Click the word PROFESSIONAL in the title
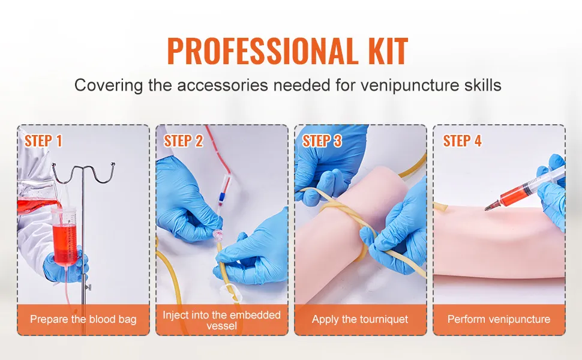pyautogui.click(x=260, y=51)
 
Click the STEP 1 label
pyautogui.click(x=43, y=141)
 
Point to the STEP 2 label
pyautogui.click(x=184, y=141)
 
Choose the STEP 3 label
pyautogui.click(x=322, y=141)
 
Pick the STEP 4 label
pyautogui.click(x=462, y=141)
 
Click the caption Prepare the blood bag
pyautogui.click(x=83, y=319)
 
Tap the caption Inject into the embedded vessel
pyautogui.click(x=222, y=320)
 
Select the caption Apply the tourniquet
pyautogui.click(x=360, y=319)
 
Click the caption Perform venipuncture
pyautogui.click(x=499, y=319)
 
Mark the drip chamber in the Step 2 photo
pyautogui.click(x=226, y=180)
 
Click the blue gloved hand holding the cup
pyautogui.click(x=65, y=267)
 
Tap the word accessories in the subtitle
pyautogui.click(x=223, y=85)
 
